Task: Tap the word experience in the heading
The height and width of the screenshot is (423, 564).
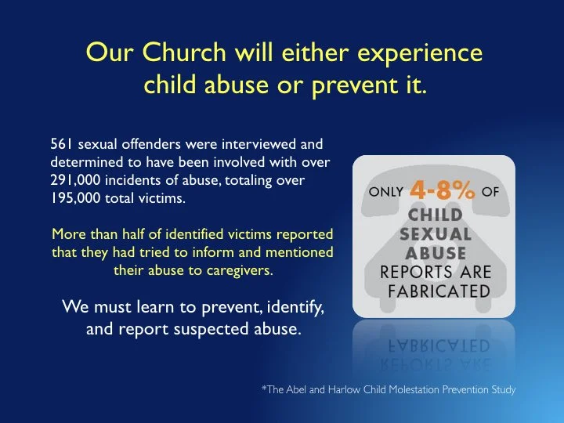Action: tap(416, 54)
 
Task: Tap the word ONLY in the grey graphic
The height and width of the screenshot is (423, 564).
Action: tap(386, 193)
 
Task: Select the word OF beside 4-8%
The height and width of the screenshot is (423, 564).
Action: tap(490, 193)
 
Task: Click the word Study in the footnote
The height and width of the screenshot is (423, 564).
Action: tap(501, 389)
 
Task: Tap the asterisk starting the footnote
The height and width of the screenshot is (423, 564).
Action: tap(264, 388)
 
